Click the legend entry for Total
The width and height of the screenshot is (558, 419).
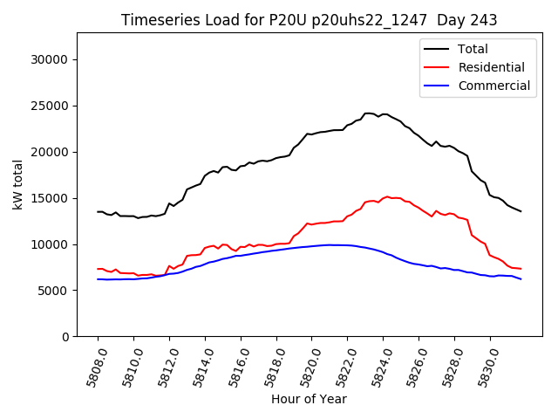(x=473, y=49)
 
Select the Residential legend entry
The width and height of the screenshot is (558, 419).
(x=490, y=67)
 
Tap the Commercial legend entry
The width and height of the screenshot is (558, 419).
(x=493, y=86)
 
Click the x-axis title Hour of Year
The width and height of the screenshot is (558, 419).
(x=309, y=399)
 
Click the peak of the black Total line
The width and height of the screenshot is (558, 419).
(x=368, y=113)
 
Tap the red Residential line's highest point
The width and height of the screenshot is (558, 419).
(x=387, y=196)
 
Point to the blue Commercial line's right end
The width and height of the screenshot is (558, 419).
(x=521, y=278)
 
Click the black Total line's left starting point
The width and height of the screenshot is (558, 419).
(x=98, y=211)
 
